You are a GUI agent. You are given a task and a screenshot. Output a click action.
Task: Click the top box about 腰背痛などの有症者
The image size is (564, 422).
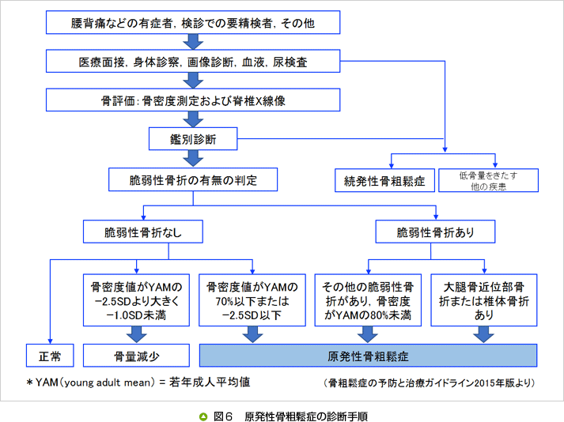tap(193, 23)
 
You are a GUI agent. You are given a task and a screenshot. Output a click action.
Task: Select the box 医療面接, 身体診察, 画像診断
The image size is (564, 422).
tap(193, 61)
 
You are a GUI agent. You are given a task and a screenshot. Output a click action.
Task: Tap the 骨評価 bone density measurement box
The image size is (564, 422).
tap(193, 100)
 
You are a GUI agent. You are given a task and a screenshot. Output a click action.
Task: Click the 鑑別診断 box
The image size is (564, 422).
tap(193, 140)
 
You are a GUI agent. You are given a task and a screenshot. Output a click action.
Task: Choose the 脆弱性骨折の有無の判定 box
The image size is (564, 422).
tap(193, 180)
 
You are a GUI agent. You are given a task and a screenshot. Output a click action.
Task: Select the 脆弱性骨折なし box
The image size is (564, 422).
tap(143, 232)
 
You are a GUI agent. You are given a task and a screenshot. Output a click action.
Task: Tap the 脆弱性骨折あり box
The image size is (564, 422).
tap(435, 232)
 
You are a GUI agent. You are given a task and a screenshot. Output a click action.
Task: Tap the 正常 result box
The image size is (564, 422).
tap(49, 354)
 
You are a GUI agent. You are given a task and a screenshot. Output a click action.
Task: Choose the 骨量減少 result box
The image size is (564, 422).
tap(136, 354)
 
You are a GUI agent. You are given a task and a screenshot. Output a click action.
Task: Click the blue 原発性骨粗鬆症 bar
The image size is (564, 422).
tap(368, 354)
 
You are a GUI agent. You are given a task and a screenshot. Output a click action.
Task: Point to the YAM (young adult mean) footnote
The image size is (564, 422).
tap(138, 382)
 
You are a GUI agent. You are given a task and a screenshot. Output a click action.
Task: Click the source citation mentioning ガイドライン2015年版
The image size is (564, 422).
tap(430, 383)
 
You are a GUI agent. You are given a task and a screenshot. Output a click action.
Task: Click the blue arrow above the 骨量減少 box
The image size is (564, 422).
tap(136, 334)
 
